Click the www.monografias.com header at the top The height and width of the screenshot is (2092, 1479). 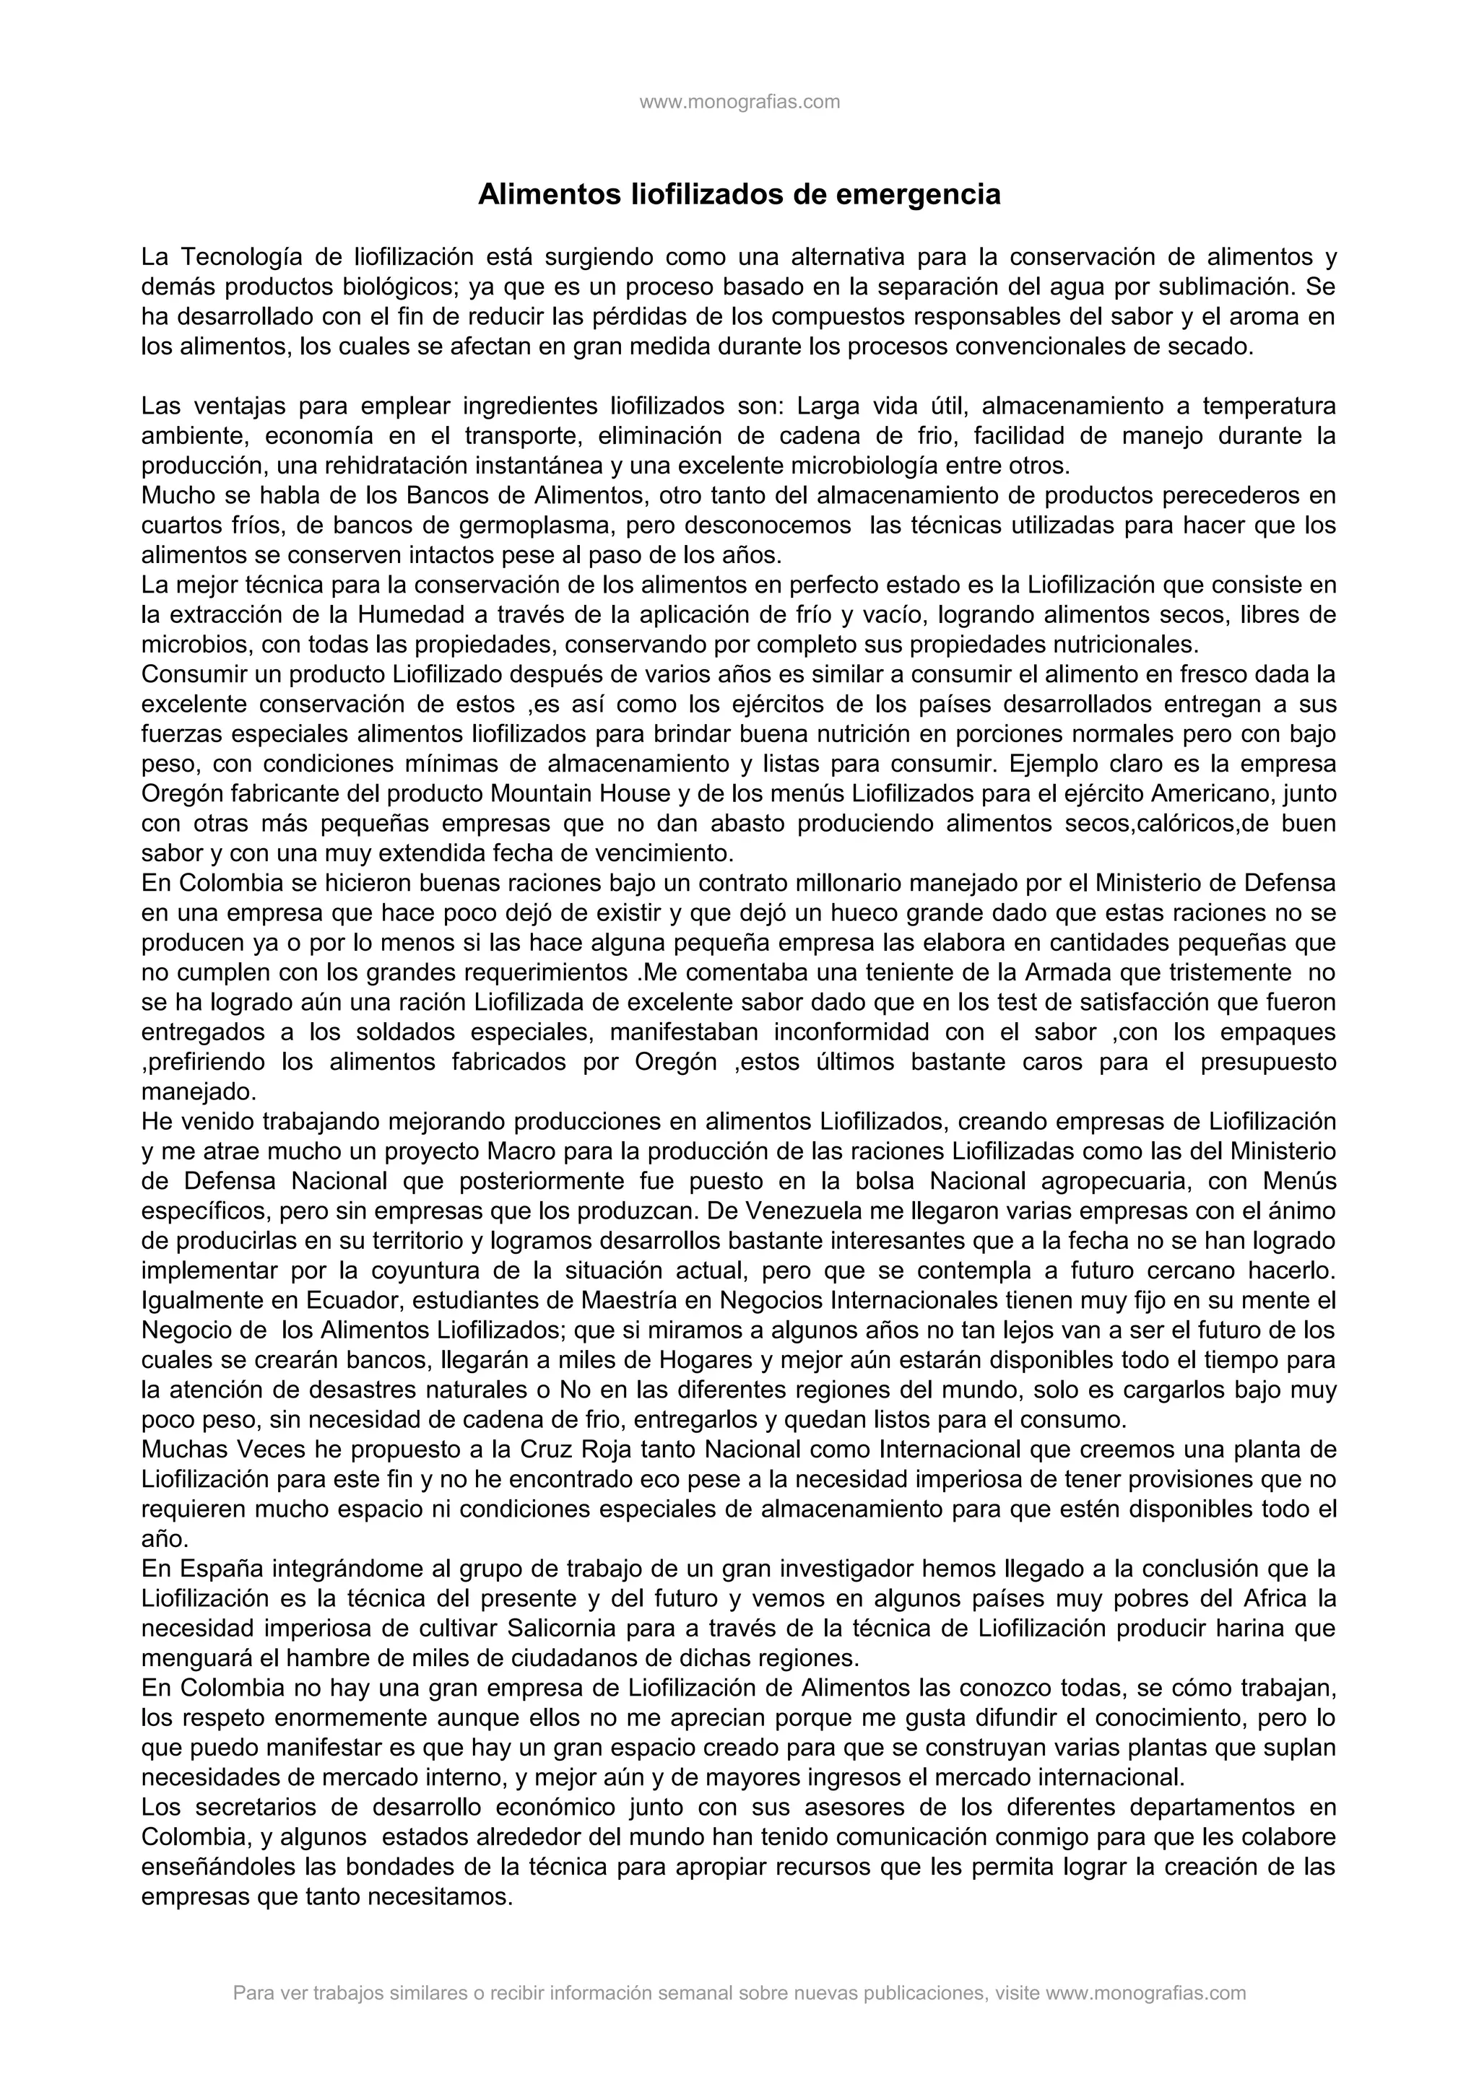point(739,102)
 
